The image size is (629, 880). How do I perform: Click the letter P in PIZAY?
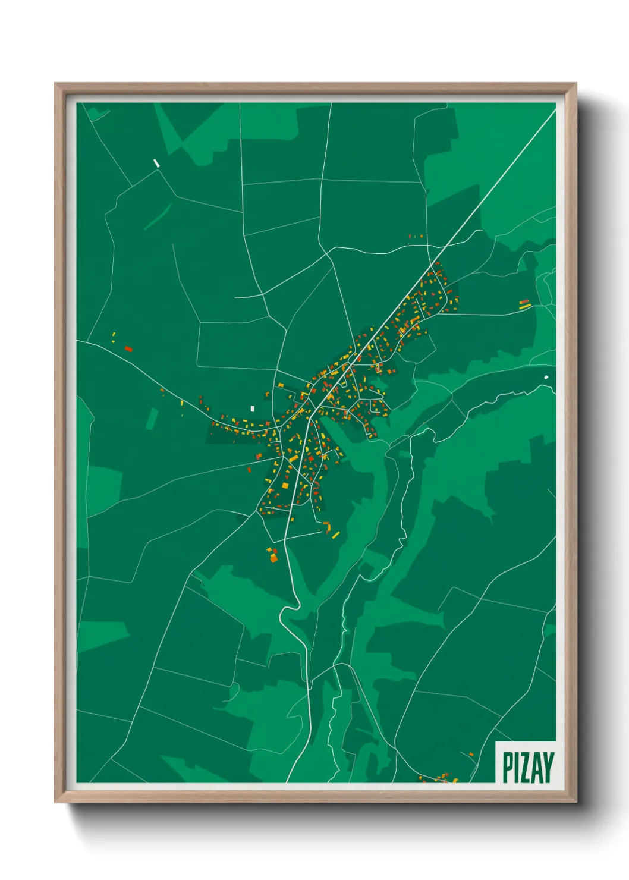pyautogui.click(x=507, y=768)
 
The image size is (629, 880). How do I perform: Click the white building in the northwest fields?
pyautogui.click(x=156, y=162)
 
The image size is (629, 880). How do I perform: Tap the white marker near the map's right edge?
pyautogui.click(x=546, y=377)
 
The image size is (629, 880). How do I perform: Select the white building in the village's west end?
pyautogui.click(x=252, y=408)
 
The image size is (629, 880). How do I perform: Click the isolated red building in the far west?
pyautogui.click(x=128, y=348)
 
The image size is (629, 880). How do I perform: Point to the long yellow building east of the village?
pyautogui.click(x=524, y=307)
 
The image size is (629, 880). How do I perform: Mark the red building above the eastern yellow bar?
pyautogui.click(x=524, y=301)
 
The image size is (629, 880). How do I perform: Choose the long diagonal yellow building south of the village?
pyautogui.click(x=336, y=535)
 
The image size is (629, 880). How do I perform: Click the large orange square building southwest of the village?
pyautogui.click(x=273, y=558)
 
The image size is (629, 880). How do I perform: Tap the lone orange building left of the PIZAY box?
pyautogui.click(x=471, y=755)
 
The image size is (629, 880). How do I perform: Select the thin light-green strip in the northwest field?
pyautogui.click(x=158, y=216)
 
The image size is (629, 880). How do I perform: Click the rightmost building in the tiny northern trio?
pyautogui.click(x=422, y=236)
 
